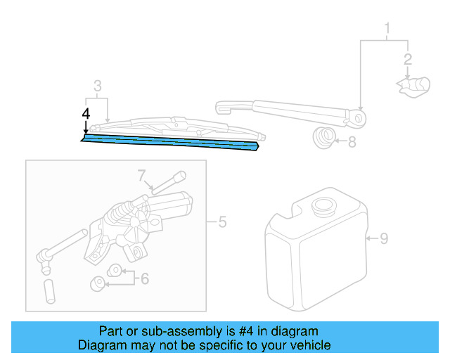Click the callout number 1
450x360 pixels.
point(386,29)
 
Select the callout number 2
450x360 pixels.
point(406,60)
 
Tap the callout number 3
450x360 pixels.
point(97,86)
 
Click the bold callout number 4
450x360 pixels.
point(86,113)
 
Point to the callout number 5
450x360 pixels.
point(221,223)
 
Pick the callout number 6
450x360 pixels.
point(144,279)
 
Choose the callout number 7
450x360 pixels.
point(141,174)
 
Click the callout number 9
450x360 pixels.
point(383,238)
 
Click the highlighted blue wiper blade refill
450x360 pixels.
point(169,142)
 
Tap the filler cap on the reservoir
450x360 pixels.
point(324,207)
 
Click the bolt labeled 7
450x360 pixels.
point(169,182)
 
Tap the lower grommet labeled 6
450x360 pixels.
point(98,283)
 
